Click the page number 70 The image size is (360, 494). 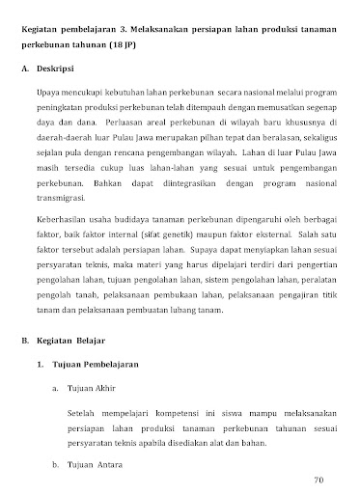tap(319, 479)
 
